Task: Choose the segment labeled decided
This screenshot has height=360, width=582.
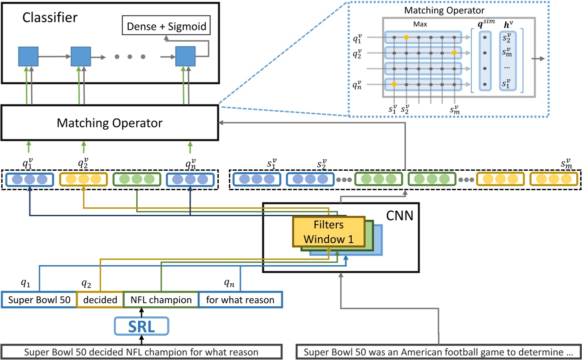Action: click(x=100, y=300)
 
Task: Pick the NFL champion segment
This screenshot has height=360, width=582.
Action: click(x=161, y=300)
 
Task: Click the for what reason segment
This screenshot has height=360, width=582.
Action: click(x=240, y=300)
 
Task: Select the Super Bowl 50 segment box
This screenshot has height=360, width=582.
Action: click(x=39, y=300)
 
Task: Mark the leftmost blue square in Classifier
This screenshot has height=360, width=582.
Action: click(x=28, y=57)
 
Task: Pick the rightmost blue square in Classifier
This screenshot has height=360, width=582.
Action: click(x=185, y=57)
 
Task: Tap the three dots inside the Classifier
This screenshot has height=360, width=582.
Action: click(x=130, y=57)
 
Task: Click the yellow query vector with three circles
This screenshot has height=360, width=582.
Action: click(x=83, y=180)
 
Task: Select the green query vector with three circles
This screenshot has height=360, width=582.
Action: click(x=137, y=180)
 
